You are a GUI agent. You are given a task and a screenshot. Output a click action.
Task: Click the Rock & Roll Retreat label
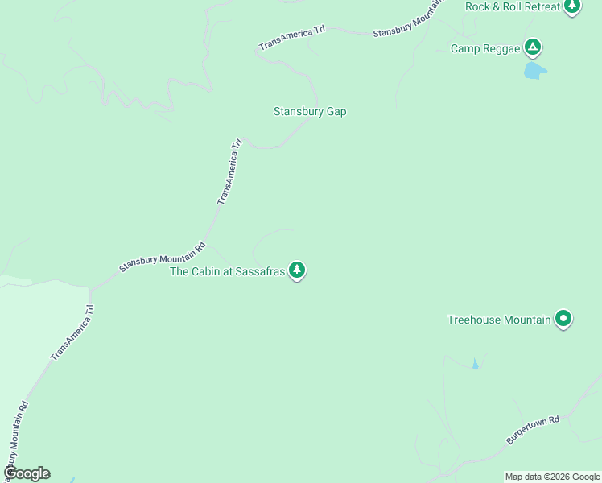click(512, 6)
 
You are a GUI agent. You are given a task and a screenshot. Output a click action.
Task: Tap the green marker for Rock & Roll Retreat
click(571, 6)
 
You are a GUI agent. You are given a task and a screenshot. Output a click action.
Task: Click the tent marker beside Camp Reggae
click(532, 47)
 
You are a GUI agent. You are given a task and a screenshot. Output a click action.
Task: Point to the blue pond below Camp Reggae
click(534, 71)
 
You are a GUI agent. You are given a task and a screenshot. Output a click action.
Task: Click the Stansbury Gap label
click(310, 112)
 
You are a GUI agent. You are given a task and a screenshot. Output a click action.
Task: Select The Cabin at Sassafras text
click(228, 271)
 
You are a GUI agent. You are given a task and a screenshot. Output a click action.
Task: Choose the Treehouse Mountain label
click(499, 320)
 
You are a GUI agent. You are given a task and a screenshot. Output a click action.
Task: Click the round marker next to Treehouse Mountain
click(564, 319)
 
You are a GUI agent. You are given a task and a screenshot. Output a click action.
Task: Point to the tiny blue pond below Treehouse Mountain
click(475, 365)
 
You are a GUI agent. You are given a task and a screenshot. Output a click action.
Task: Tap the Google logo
click(27, 473)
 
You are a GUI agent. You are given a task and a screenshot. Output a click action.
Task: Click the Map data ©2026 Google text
click(552, 477)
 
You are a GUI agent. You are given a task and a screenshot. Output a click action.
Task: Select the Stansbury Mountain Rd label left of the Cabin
click(163, 258)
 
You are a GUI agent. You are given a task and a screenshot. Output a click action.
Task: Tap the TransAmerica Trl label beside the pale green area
click(72, 332)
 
